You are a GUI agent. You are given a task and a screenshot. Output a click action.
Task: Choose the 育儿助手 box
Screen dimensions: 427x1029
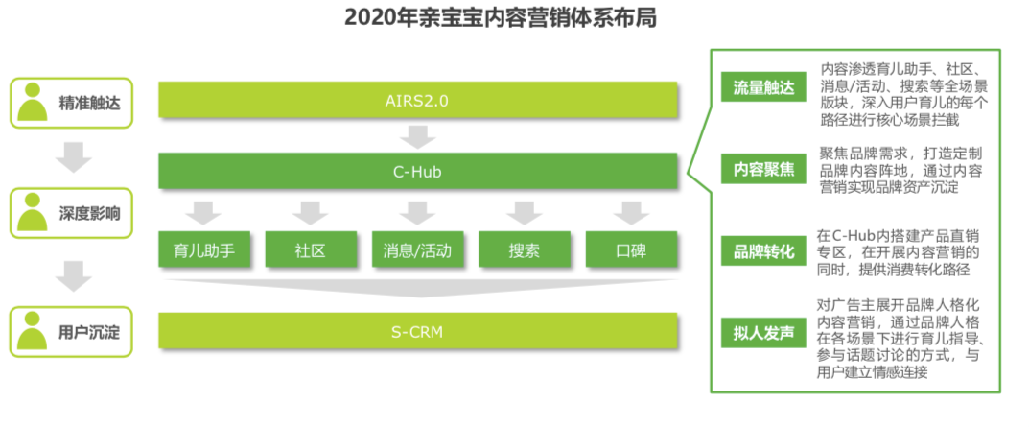[x=204, y=251]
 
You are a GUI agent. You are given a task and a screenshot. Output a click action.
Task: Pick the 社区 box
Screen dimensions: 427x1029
[x=311, y=251]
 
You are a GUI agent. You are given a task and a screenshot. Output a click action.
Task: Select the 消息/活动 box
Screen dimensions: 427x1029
[x=417, y=251]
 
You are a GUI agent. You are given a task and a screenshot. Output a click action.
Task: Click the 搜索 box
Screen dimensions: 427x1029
[x=524, y=251]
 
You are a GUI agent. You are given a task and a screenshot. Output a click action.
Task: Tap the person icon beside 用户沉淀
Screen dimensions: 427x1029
[x=34, y=331]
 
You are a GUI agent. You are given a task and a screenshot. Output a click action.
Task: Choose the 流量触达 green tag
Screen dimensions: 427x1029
[x=763, y=88]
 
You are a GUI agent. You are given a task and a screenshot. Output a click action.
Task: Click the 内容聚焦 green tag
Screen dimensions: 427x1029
[x=763, y=170]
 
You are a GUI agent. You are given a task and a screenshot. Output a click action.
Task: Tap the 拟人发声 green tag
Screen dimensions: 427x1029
[x=763, y=333]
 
